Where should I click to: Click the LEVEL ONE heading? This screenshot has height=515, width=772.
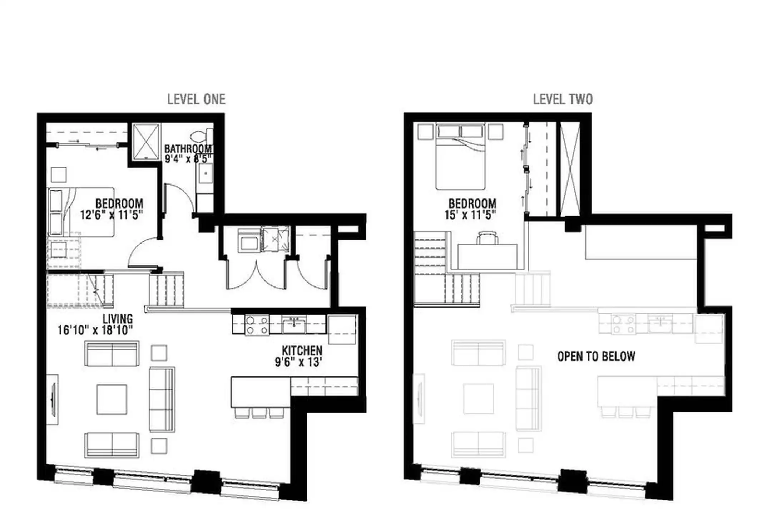pyautogui.click(x=196, y=99)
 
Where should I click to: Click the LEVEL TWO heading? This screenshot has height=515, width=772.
pyautogui.click(x=563, y=99)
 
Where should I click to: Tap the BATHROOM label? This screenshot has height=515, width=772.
pyautogui.click(x=189, y=148)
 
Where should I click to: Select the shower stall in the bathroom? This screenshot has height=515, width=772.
pyautogui.click(x=146, y=142)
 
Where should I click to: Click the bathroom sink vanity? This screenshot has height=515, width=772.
pyautogui.click(x=205, y=173)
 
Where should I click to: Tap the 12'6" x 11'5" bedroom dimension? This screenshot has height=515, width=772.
pyautogui.click(x=112, y=215)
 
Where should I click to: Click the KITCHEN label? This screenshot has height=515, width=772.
pyautogui.click(x=302, y=350)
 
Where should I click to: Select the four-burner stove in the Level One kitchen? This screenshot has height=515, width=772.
pyautogui.click(x=257, y=325)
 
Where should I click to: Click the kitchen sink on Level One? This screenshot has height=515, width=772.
pyautogui.click(x=294, y=325)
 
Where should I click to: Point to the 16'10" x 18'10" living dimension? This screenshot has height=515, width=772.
pyautogui.click(x=95, y=330)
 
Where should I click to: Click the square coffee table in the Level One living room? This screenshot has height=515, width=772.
pyautogui.click(x=112, y=399)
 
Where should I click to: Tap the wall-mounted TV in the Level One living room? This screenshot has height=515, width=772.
pyautogui.click(x=53, y=399)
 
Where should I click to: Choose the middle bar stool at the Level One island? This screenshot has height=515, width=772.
pyautogui.click(x=259, y=413)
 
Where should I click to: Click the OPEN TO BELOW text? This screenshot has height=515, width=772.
pyautogui.click(x=596, y=356)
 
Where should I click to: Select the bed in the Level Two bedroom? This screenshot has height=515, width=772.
pyautogui.click(x=460, y=156)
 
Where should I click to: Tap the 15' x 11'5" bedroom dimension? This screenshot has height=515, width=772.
pyautogui.click(x=470, y=215)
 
